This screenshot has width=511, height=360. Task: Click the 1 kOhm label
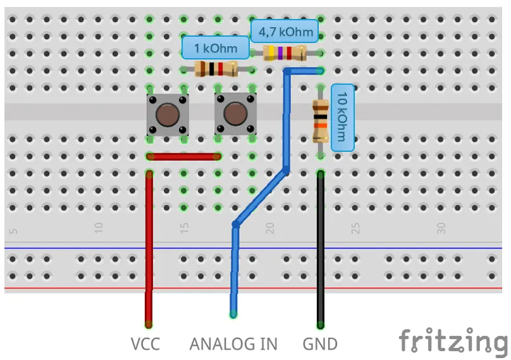(216, 48)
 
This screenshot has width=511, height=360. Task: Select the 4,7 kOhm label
(285, 31)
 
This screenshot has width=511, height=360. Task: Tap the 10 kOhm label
(342, 117)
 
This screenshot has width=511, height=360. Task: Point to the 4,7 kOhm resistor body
(285, 53)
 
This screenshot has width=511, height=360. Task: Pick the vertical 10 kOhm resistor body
(321, 121)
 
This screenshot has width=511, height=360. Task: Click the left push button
(167, 115)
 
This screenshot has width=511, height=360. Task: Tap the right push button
(235, 115)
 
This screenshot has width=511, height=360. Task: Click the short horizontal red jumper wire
(183, 156)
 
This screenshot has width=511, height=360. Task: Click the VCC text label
(145, 344)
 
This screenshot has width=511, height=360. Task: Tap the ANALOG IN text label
(233, 344)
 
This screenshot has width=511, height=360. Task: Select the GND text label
(320, 344)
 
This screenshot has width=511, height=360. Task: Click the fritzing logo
(453, 342)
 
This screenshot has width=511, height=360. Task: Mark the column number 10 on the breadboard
(99, 227)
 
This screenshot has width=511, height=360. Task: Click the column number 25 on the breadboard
(356, 227)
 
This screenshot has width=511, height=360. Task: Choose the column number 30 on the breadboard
(441, 227)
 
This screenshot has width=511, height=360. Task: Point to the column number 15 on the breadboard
(184, 227)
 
